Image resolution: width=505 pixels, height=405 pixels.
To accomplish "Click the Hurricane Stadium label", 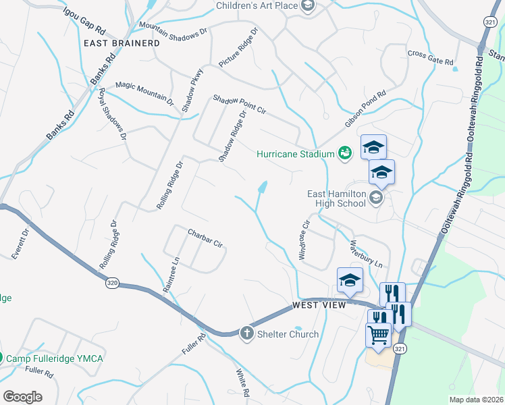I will [295, 154].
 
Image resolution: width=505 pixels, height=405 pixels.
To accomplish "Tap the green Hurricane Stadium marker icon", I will [345, 153].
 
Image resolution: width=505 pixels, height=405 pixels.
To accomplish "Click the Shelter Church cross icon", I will [247, 333].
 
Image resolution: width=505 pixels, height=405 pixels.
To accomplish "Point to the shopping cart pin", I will [378, 334].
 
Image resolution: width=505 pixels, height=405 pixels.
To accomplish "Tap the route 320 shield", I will [111, 283].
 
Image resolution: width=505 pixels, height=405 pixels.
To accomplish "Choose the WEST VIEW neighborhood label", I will [319, 306].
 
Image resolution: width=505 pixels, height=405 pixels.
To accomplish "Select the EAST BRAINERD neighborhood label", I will [122, 43].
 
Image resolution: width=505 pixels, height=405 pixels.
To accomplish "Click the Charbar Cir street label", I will [205, 240].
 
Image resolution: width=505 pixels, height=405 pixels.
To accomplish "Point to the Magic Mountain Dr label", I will [144, 90].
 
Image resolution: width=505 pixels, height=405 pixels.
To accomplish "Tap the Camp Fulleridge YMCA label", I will [55, 358].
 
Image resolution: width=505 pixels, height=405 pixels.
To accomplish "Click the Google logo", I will [23, 396].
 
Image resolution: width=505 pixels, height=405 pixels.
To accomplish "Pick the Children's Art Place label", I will [257, 6].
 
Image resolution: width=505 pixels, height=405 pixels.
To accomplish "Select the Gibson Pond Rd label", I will [365, 109].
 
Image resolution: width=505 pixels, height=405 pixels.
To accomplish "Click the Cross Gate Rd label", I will [430, 57].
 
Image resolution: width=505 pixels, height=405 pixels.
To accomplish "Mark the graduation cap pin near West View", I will [350, 280].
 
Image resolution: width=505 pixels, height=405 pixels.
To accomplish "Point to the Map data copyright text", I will [476, 400].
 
